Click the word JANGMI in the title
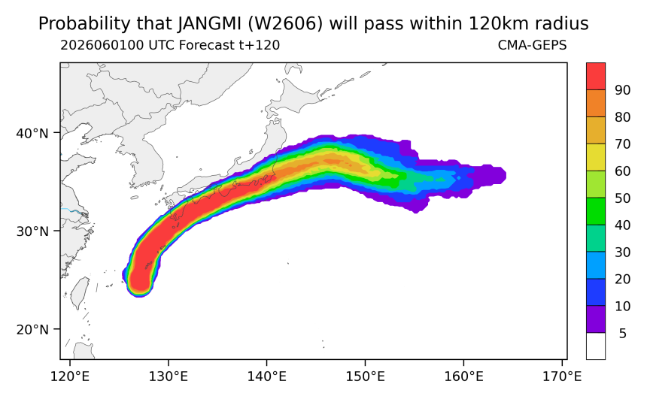point(210,23)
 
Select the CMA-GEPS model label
point(533,45)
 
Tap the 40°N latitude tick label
point(32,133)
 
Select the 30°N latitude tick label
point(32,231)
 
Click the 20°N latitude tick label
point(32,329)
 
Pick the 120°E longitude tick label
point(70,376)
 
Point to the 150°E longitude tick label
point(365,376)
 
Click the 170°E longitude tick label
point(562,376)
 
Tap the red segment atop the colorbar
point(596,76)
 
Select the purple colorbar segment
point(596,319)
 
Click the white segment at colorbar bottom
point(596,346)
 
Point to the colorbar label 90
point(622,90)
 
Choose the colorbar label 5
point(623,333)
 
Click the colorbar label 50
point(622,198)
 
